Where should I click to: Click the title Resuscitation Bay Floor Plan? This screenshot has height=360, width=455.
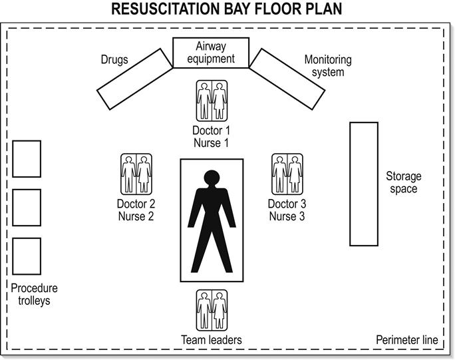click(x=227, y=10)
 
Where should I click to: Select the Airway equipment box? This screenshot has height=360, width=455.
click(x=211, y=53)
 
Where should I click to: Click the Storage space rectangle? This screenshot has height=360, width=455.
click(x=364, y=184)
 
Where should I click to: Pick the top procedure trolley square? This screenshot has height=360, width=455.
click(x=27, y=158)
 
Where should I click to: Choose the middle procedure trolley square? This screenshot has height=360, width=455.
click(x=27, y=208)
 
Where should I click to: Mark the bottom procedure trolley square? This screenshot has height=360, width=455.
click(x=27, y=256)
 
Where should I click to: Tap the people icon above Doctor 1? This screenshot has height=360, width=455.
click(x=212, y=100)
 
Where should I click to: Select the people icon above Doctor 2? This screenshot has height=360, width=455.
click(x=136, y=174)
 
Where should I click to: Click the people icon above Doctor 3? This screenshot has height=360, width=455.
click(x=287, y=174)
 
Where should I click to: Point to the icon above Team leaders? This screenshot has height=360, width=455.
click(x=212, y=309)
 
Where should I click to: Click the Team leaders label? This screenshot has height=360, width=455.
click(x=212, y=340)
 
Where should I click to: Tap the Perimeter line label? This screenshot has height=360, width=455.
click(x=407, y=340)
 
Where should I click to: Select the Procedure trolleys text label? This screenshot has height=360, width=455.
click(x=35, y=294)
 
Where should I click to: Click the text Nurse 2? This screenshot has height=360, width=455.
click(x=136, y=216)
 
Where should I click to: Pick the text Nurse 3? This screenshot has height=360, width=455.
click(x=287, y=216)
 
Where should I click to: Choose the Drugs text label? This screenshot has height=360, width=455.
click(x=114, y=61)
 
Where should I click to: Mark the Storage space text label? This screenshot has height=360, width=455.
click(x=403, y=182)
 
